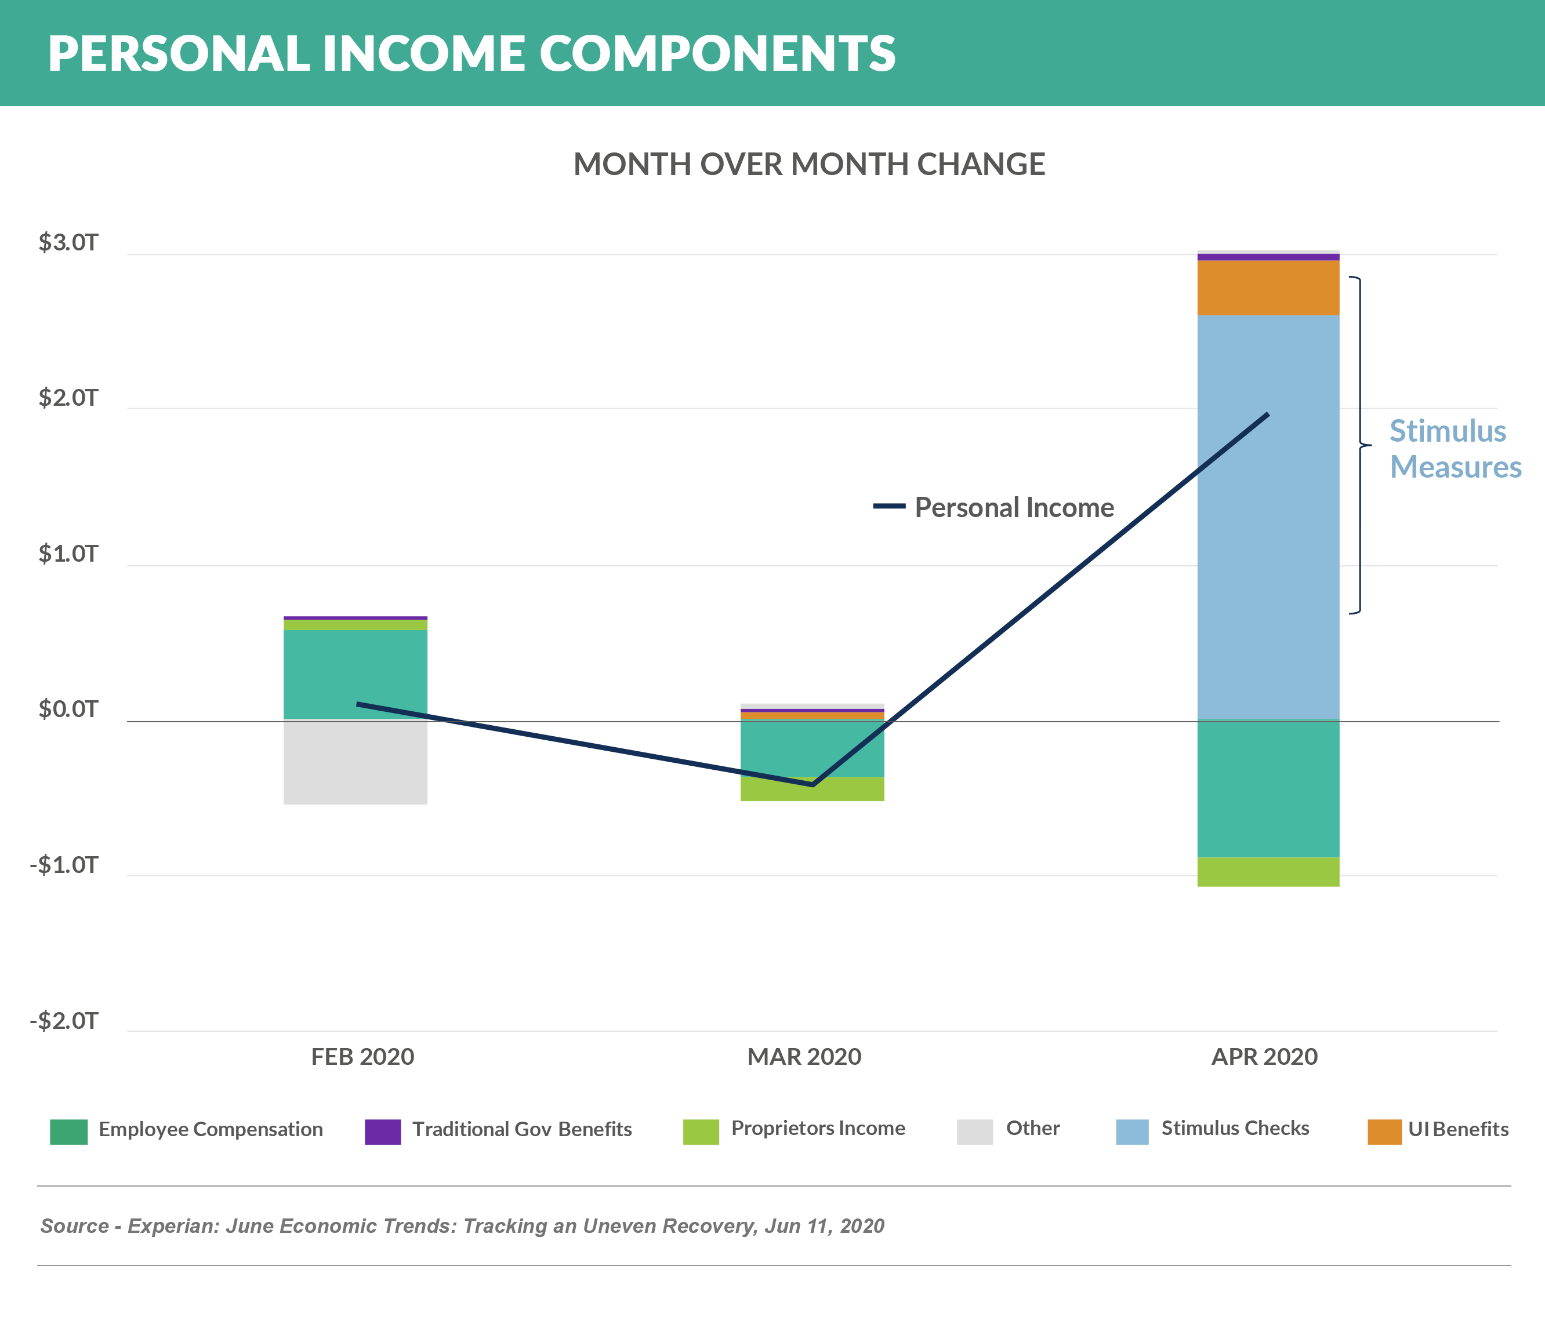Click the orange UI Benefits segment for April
(x=1268, y=288)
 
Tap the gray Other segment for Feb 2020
(x=355, y=762)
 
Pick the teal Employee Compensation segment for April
(x=1268, y=788)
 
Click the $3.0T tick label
(x=68, y=243)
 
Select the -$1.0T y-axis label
(x=64, y=865)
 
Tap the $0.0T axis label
(x=68, y=710)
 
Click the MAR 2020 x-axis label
(x=804, y=1057)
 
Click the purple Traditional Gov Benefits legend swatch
(x=383, y=1132)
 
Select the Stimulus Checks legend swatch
(x=1132, y=1132)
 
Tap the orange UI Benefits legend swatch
(x=1384, y=1132)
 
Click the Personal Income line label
(x=1014, y=508)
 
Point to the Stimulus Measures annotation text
(x=1454, y=449)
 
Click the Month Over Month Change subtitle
(x=809, y=165)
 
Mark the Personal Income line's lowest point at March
(x=813, y=784)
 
